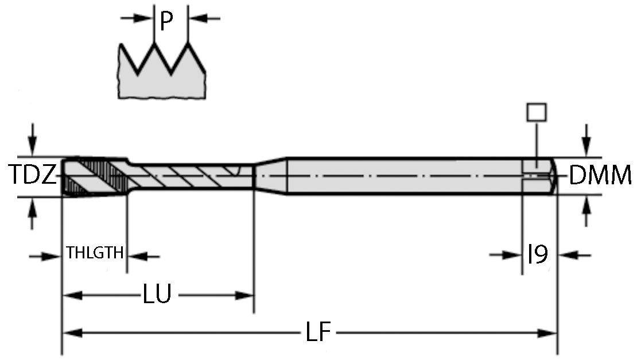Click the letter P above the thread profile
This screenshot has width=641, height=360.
[x=166, y=21]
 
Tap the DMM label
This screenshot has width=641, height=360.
[x=600, y=176]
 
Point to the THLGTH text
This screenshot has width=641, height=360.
[x=95, y=253]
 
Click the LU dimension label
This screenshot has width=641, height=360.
[x=157, y=295]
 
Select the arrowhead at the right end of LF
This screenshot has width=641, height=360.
[x=548, y=333]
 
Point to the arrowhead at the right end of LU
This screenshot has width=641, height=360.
[x=245, y=296]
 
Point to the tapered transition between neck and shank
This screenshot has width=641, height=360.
[x=270, y=175]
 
